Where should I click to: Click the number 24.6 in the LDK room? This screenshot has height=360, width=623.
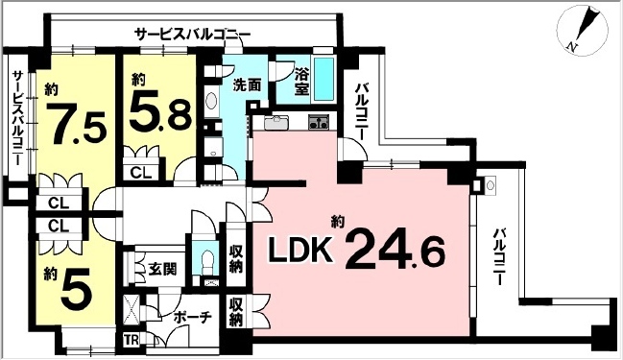pyautogui.click(x=395, y=250)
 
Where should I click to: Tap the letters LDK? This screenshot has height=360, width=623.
pyautogui.click(x=300, y=250)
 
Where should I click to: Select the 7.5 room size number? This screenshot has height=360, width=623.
pyautogui.click(x=80, y=123)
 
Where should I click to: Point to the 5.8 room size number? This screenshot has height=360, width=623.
pyautogui.click(x=160, y=112)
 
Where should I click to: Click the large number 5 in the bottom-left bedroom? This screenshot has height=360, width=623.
pyautogui.click(x=76, y=292)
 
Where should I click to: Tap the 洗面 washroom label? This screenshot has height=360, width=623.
pyautogui.click(x=247, y=84)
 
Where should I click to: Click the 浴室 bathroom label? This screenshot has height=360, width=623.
pyautogui.click(x=301, y=82)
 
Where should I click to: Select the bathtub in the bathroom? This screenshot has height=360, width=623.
pyautogui.click(x=324, y=79)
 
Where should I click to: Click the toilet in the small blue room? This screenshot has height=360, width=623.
pyautogui.click(x=205, y=261)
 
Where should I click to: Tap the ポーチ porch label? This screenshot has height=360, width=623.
pyautogui.click(x=192, y=317)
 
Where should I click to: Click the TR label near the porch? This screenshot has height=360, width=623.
pyautogui.click(x=132, y=340)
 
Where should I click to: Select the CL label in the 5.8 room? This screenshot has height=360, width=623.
pyautogui.click(x=141, y=173)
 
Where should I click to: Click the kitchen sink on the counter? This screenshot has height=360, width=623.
pyautogui.click(x=276, y=122)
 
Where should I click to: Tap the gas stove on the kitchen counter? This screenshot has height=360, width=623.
pyautogui.click(x=319, y=121)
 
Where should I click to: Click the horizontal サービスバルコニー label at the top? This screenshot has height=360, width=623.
pyautogui.click(x=192, y=35)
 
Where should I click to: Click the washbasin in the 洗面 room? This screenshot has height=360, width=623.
pyautogui.click(x=212, y=101)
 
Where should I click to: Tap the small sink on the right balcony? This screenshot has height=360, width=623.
pyautogui.click(x=490, y=185)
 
